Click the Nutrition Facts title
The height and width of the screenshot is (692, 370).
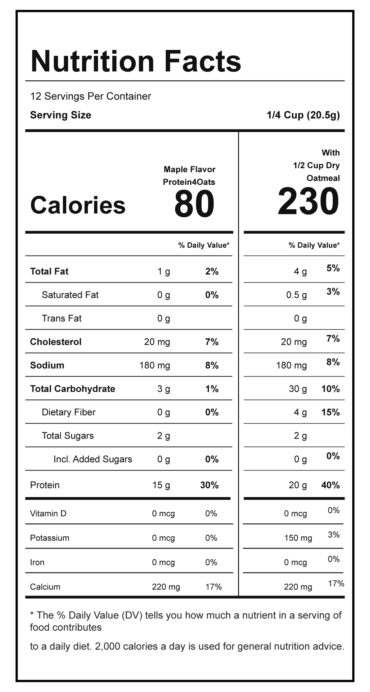point(136,61)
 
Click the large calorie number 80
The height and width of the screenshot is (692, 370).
point(194,204)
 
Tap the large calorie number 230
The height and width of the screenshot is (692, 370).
point(308,202)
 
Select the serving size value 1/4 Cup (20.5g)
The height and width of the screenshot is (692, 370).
point(303,115)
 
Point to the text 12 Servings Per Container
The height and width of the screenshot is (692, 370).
point(91,97)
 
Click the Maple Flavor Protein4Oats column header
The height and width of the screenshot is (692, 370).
point(189,176)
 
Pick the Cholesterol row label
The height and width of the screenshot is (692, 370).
point(56,342)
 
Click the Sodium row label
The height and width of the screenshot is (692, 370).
point(47,365)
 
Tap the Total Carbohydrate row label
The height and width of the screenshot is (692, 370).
point(73,389)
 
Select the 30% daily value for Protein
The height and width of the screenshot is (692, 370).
point(209,485)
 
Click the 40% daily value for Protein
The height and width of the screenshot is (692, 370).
point(330,485)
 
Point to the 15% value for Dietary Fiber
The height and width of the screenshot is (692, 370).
point(330,412)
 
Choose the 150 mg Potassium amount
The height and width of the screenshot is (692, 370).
point(298,538)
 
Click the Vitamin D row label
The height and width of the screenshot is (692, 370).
point(48,514)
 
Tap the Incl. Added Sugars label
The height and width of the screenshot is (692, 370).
point(92,459)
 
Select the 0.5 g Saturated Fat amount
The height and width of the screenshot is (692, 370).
point(296,295)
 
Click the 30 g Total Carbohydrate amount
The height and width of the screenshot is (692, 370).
point(298,389)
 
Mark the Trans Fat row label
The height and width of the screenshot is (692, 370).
point(61,318)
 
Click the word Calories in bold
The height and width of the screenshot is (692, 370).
point(78,205)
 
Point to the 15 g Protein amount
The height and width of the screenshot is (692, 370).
point(161,485)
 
